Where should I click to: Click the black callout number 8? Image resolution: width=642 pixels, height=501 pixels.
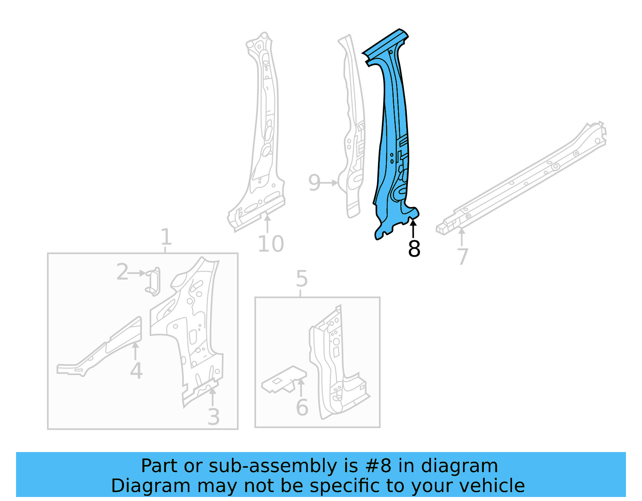click(x=414, y=249)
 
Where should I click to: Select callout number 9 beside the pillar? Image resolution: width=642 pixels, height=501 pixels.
click(x=314, y=183)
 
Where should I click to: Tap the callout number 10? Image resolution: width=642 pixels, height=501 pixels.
click(x=271, y=244)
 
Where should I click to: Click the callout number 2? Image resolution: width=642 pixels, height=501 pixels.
click(x=122, y=272)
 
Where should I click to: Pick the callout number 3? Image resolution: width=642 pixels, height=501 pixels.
click(x=214, y=417)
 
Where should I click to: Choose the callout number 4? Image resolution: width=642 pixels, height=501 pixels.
click(x=136, y=371)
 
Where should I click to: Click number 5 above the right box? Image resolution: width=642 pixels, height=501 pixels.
click(x=302, y=279)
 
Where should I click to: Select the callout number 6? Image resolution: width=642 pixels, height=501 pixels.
click(x=302, y=408)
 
